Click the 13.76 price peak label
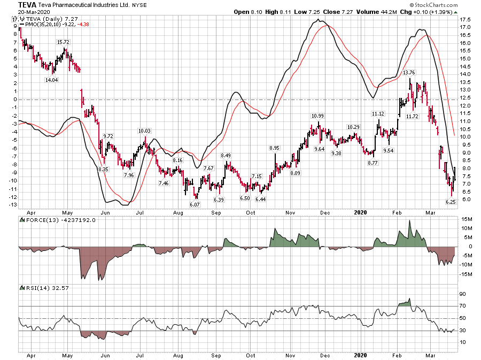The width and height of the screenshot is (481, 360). (409, 73)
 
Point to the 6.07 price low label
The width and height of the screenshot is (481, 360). (194, 204)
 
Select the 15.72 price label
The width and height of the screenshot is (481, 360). (64, 42)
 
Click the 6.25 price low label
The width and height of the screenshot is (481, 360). (451, 202)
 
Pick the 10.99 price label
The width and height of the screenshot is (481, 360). (318, 116)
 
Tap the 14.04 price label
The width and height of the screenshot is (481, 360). (51, 80)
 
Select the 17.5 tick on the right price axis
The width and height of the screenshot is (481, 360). (464, 19)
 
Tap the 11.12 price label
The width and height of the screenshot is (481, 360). (378, 113)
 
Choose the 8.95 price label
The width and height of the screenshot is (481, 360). (275, 148)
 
